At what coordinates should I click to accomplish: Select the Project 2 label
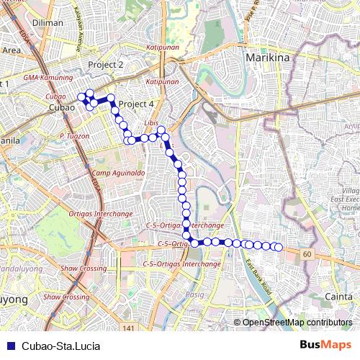tap(106, 65)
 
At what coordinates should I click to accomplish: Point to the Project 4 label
tap(136, 104)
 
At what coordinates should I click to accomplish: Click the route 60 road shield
tap(307, 256)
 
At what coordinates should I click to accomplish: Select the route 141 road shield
tap(128, 328)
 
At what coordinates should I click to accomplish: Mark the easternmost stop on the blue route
tap(278, 248)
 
